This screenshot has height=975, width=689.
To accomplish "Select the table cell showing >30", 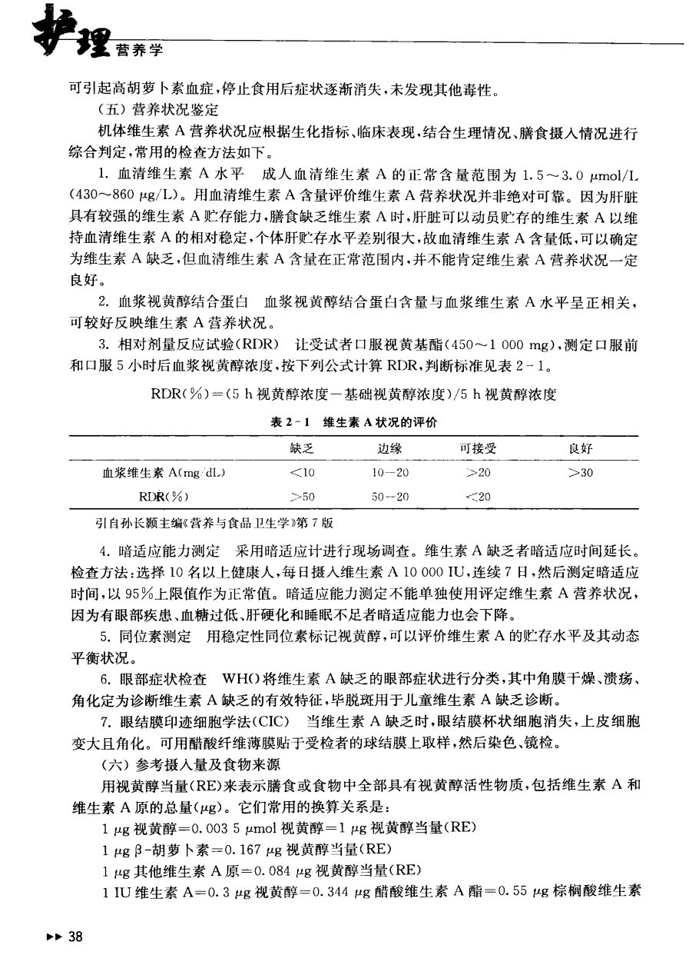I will pos(580,473).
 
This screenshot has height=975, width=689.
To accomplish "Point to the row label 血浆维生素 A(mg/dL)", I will pos(169,473).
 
